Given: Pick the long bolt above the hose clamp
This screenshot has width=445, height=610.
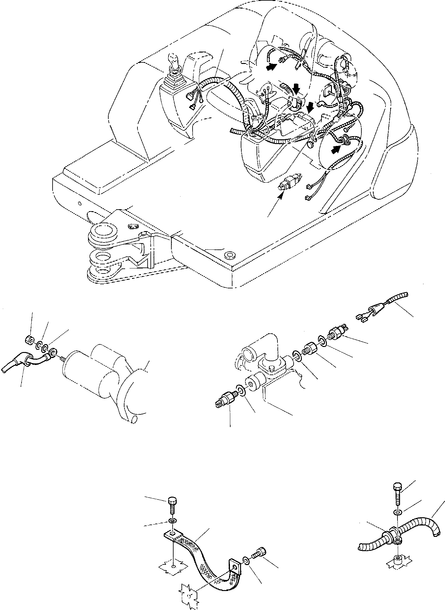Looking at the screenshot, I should pyautogui.click(x=397, y=502).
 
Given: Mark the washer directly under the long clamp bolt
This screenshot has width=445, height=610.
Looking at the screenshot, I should pyautogui.click(x=397, y=521).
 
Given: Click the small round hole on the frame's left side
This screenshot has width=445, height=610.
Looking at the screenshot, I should pyautogui.click(x=80, y=203).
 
